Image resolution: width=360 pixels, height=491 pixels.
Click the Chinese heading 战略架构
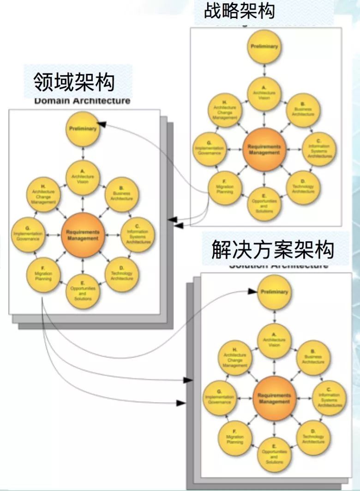pos(240,10)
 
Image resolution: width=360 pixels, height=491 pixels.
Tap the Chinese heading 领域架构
pos(74,83)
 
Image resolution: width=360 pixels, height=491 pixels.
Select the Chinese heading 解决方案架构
pos(272,250)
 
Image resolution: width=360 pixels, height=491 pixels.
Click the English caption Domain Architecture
pos(82,101)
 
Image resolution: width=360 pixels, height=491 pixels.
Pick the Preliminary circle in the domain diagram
pos(83,129)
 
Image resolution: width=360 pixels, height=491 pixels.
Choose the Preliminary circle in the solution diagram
pos(274,292)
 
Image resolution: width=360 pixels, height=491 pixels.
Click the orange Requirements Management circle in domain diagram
pos(82,235)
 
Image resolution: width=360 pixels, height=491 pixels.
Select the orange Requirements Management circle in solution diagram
pos(274,398)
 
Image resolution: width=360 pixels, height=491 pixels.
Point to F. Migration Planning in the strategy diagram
pos(224,189)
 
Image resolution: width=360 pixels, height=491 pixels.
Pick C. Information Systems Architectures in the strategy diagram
pos(318,150)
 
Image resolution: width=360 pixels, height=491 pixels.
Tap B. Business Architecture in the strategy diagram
pos(303,110)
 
